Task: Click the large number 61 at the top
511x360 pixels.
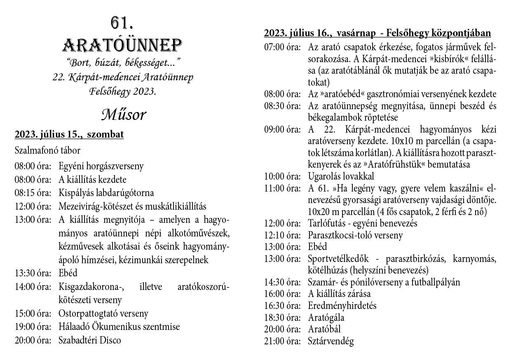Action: (x=122, y=23)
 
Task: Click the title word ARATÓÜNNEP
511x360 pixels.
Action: (x=122, y=45)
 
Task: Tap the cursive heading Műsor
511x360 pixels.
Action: (x=123, y=115)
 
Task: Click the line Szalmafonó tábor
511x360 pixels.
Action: (x=47, y=150)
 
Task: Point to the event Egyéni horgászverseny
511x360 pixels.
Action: (x=101, y=166)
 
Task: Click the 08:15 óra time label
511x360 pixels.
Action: (x=33, y=192)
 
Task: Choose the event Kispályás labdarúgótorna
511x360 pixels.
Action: (x=106, y=192)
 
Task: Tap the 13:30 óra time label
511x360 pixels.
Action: (x=33, y=273)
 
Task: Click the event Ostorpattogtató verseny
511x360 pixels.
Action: (x=103, y=313)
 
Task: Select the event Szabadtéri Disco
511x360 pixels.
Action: (x=89, y=340)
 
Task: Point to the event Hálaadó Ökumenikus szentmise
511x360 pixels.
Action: (x=119, y=327)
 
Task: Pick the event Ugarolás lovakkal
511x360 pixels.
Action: (x=341, y=176)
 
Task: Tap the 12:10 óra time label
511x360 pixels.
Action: (x=282, y=235)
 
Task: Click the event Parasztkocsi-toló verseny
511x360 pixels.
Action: (x=355, y=235)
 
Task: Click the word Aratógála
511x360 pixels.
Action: (x=326, y=318)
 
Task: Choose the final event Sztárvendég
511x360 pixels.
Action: (x=331, y=341)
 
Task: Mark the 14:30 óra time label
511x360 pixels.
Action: (x=282, y=282)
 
